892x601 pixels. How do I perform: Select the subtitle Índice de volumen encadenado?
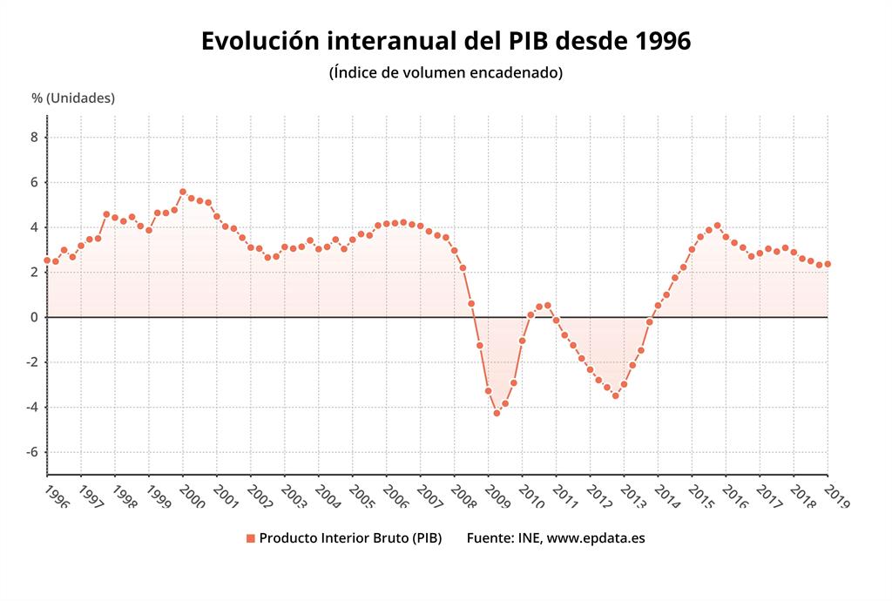tap(446, 72)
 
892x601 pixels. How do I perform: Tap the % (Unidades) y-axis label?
tap(73, 98)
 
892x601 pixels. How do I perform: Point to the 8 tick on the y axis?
tap(34, 137)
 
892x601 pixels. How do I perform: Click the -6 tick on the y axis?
tap(31, 452)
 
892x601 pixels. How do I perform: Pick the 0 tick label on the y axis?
tap(34, 317)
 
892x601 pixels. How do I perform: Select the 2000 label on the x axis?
tap(191, 496)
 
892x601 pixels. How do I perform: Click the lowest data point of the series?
tap(497, 413)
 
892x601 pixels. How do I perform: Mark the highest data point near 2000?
tap(182, 192)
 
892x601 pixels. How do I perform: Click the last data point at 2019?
tap(828, 264)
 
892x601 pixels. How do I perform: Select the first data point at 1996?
tap(47, 260)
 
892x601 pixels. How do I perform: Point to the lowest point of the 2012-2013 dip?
tap(615, 395)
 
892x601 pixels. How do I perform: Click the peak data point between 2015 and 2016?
tap(717, 226)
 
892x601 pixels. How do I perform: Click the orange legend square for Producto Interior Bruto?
tap(251, 538)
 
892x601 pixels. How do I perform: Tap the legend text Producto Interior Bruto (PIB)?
tap(350, 538)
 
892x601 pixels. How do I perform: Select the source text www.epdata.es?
tap(596, 538)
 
